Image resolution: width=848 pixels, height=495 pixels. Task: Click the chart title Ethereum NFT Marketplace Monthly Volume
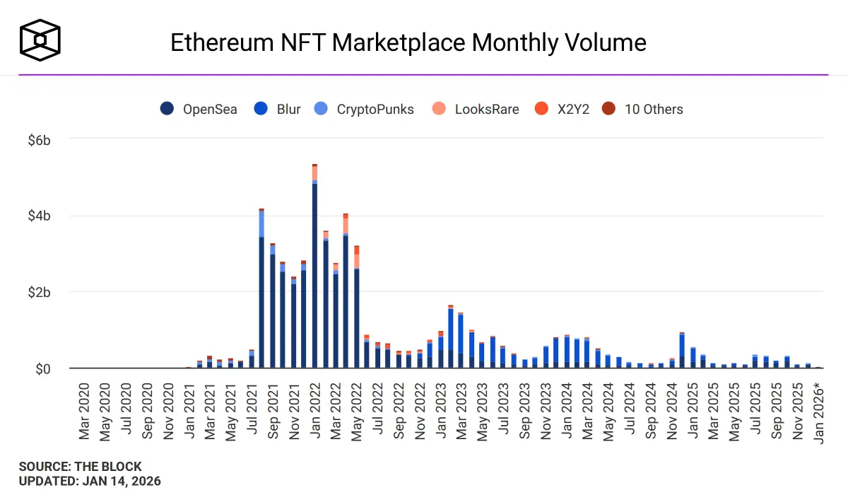[x=408, y=42]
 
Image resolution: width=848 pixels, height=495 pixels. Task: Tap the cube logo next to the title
[x=40, y=39]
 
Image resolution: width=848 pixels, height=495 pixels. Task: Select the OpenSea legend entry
[x=199, y=109]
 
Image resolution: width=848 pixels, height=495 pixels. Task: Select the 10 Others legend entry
[x=643, y=109]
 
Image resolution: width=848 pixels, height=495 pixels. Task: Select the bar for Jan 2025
[x=693, y=358]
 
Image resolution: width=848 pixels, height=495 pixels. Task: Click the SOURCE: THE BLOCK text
[x=80, y=467]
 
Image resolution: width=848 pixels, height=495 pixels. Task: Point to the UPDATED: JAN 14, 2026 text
[x=90, y=482]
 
